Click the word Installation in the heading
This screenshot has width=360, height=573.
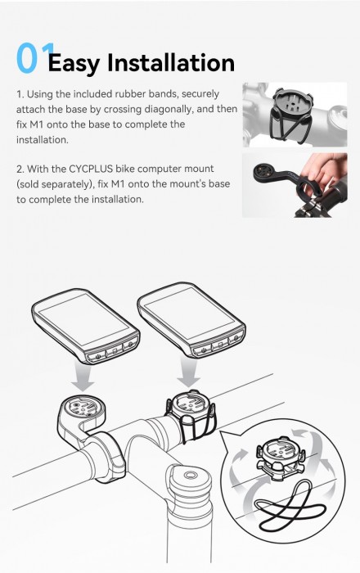point(170,62)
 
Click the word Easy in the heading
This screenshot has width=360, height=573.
point(75,62)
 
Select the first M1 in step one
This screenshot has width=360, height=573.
point(26,124)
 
